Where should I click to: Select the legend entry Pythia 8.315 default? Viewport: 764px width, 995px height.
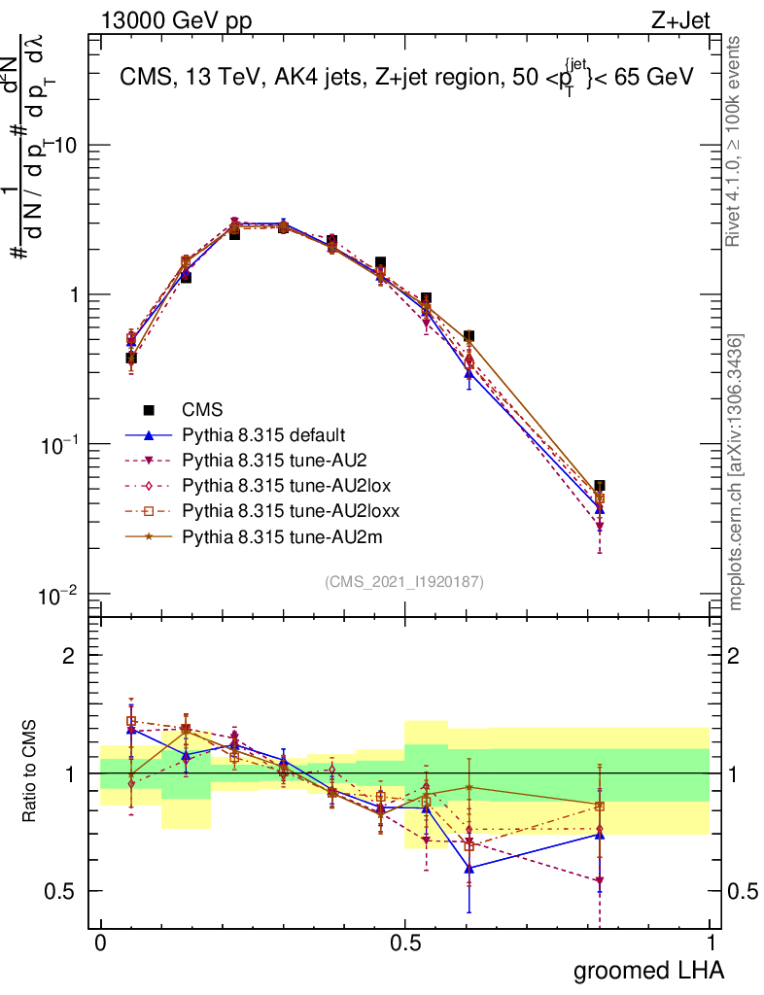[263, 435]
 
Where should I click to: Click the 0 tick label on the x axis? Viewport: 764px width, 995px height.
[101, 944]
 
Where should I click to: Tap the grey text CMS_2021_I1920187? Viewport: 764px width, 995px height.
[404, 582]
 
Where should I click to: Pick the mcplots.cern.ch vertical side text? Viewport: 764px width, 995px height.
[736, 472]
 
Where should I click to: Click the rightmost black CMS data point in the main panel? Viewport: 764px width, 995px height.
[600, 486]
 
